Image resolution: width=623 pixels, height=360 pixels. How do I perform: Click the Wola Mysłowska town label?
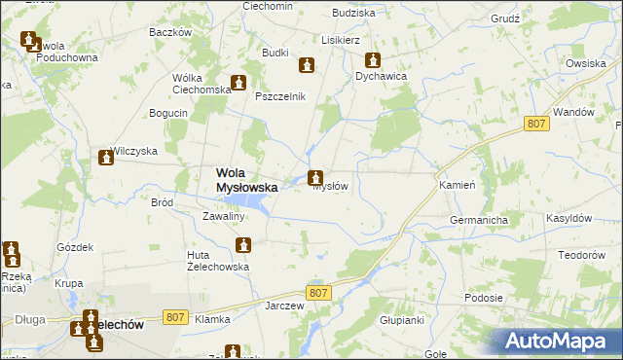coord(246,179)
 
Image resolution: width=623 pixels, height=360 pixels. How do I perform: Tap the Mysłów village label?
coord(330,187)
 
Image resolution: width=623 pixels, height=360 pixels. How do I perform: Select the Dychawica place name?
coord(381,75)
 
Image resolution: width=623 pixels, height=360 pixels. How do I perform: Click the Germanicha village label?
coord(479,221)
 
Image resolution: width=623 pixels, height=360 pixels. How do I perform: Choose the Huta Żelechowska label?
coord(218,261)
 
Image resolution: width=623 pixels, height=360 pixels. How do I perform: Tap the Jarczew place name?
coord(285,305)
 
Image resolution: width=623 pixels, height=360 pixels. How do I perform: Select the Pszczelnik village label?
coord(280,96)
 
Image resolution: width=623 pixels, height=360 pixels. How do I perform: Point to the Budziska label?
coord(353,13)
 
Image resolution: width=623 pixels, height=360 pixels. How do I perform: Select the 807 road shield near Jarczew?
coord(318,292)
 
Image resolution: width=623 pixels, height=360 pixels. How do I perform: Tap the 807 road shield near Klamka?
coord(175,316)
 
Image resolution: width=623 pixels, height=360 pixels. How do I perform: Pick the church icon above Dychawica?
coord(371,58)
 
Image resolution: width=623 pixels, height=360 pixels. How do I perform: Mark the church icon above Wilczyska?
coord(106,158)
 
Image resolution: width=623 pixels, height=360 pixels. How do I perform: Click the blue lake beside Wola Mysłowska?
coord(252,203)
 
